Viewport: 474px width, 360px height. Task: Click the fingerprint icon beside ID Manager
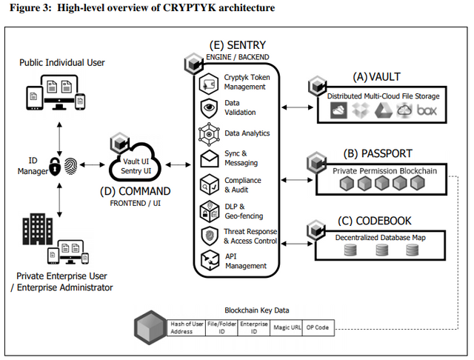71,166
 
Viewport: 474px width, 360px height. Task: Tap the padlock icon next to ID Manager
55,166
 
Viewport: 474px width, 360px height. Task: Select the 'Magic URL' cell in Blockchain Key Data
287,327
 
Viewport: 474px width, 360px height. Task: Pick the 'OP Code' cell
318,327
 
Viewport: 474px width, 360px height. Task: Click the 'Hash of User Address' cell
186,327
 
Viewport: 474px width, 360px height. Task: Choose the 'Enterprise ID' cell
254,327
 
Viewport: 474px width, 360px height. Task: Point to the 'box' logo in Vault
427,110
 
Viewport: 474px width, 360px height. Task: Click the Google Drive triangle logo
384,110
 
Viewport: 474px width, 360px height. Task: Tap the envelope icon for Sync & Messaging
209,159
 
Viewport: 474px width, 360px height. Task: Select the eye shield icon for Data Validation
209,108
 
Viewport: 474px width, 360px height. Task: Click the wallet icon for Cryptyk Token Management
209,84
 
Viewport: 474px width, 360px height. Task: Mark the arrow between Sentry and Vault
298,107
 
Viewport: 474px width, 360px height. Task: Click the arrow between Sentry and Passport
297,180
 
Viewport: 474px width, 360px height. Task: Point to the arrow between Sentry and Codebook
297,244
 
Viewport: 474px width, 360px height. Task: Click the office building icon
38,229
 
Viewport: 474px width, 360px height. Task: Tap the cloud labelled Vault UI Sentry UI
135,163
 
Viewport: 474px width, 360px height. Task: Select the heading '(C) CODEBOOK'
375,221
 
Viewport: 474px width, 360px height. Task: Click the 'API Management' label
246,261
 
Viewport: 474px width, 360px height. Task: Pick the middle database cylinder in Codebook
382,250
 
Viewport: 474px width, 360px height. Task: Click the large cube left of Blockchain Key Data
150,327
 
